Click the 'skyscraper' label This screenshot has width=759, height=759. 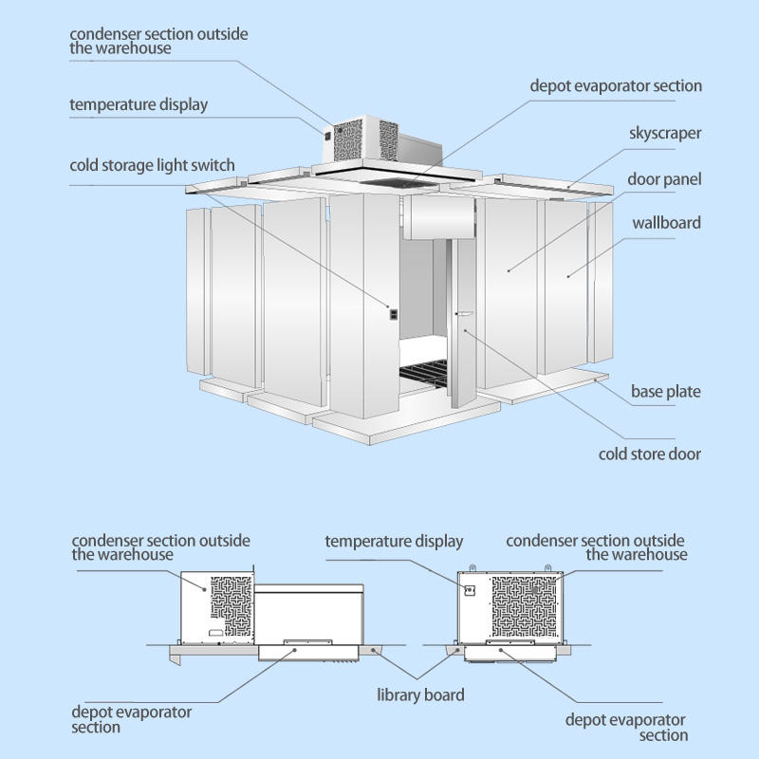tap(665, 133)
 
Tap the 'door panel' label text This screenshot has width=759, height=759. tap(664, 178)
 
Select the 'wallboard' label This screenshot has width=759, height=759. tap(667, 223)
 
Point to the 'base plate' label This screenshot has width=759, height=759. tap(666, 391)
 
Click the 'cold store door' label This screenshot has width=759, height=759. tap(650, 454)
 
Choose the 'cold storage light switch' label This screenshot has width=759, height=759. tap(152, 165)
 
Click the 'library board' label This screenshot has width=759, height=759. tap(421, 694)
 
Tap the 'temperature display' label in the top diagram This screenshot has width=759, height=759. tap(139, 104)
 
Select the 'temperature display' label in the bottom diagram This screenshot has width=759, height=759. tap(394, 542)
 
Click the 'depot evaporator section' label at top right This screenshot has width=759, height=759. tap(616, 85)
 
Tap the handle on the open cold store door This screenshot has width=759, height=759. tap(465, 314)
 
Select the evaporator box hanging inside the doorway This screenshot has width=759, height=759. tap(438, 217)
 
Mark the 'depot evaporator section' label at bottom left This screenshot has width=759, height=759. tap(132, 719)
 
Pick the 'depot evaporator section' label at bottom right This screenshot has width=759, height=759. tap(625, 728)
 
